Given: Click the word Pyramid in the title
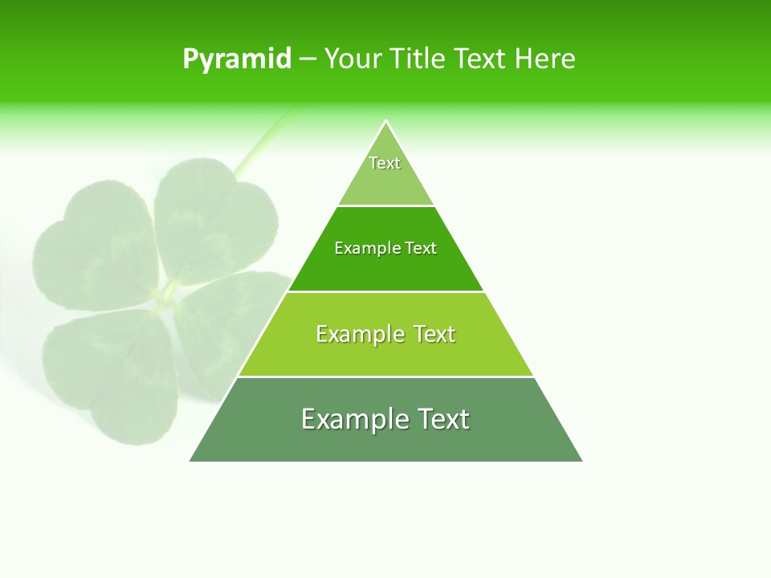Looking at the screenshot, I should click(237, 59).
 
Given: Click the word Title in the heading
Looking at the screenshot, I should click(422, 59).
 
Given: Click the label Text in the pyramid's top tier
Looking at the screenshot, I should click(385, 163).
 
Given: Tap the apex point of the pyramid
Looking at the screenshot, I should click(386, 121).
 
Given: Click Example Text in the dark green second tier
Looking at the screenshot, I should click(385, 248).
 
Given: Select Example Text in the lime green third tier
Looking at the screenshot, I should click(385, 334).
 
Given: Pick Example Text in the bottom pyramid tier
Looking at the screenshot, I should click(385, 419).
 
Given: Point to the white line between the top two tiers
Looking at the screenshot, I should click(385, 206).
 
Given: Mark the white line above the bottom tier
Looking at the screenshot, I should click(385, 377).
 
